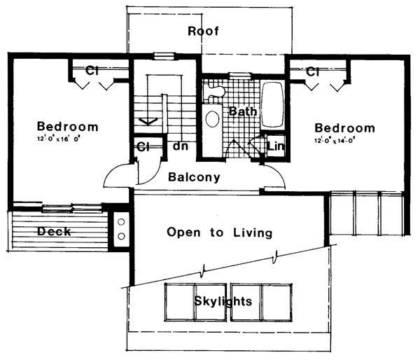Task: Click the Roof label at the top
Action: point(204,31)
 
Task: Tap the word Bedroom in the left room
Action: point(67,127)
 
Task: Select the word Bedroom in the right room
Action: point(344,128)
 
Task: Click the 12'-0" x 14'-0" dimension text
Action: point(344,141)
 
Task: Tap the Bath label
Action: point(241,111)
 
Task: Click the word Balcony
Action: point(195,177)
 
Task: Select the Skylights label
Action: point(224,301)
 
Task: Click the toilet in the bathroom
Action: point(214,90)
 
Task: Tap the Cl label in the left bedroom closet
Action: point(92,71)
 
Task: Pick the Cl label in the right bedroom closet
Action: point(313,71)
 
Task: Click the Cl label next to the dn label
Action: point(144,147)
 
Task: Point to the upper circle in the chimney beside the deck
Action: point(120,222)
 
